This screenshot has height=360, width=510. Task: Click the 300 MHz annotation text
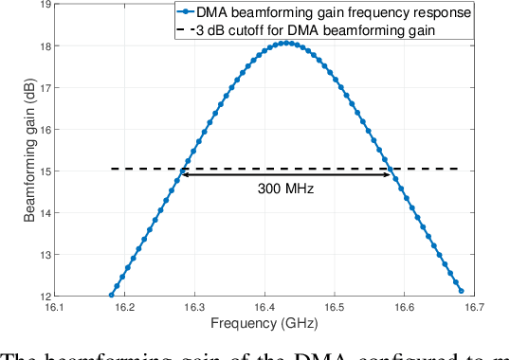click(285, 188)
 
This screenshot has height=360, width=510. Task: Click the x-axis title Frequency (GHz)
click(285, 324)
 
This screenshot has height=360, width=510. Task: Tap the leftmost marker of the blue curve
click(111, 295)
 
